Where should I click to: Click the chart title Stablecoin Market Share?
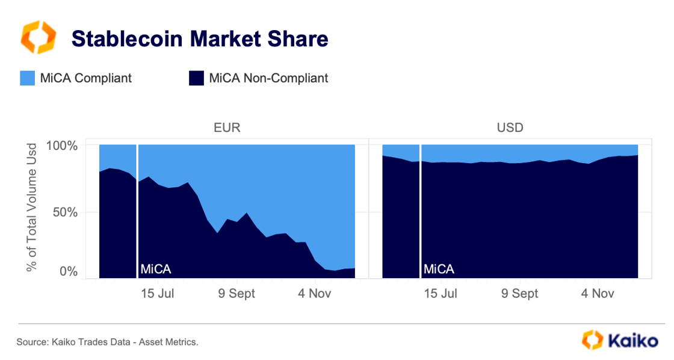(200, 39)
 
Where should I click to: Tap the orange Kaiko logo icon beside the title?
(39, 37)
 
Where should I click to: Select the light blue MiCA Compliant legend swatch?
(28, 78)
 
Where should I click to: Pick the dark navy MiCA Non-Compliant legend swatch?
(196, 78)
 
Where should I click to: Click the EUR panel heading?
(227, 128)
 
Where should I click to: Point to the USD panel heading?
(510, 128)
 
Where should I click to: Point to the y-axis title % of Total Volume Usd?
(32, 207)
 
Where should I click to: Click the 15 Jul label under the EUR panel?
(158, 293)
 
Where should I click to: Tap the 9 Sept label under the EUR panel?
(237, 293)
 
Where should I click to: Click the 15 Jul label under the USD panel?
(441, 293)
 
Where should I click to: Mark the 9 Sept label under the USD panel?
(520, 293)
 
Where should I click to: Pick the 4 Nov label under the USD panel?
(598, 293)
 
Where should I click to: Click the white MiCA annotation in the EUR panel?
(156, 269)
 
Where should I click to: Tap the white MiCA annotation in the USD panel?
(439, 269)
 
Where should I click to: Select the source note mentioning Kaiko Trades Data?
(107, 342)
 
